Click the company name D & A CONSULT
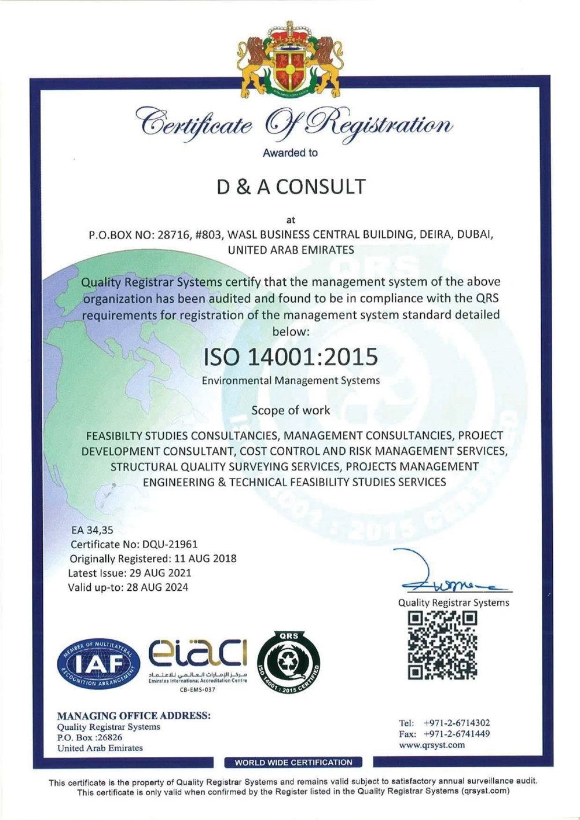pyautogui.click(x=291, y=186)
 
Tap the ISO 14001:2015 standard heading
pyautogui.click(x=290, y=356)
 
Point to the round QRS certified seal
pyautogui.click(x=288, y=663)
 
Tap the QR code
pyautogui.click(x=442, y=645)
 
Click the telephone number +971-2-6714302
pyautogui.click(x=457, y=723)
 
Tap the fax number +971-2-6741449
pyautogui.click(x=457, y=734)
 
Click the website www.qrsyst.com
pyautogui.click(x=432, y=745)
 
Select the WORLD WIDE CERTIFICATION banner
pyautogui.click(x=293, y=762)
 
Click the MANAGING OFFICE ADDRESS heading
pyautogui.click(x=134, y=715)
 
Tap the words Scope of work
pyautogui.click(x=291, y=410)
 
